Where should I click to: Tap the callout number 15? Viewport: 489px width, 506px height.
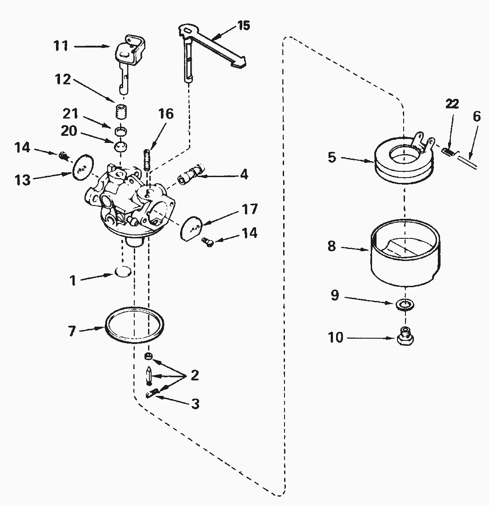[x=243, y=25]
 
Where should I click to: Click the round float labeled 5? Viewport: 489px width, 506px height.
[x=402, y=162]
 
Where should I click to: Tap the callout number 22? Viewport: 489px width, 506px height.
[x=452, y=104]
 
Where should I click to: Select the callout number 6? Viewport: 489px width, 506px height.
[x=477, y=116]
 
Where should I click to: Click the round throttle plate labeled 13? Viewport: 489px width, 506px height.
[x=82, y=166]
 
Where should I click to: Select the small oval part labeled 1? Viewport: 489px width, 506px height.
[x=123, y=272]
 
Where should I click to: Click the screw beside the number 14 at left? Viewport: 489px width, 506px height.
[x=64, y=155]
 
